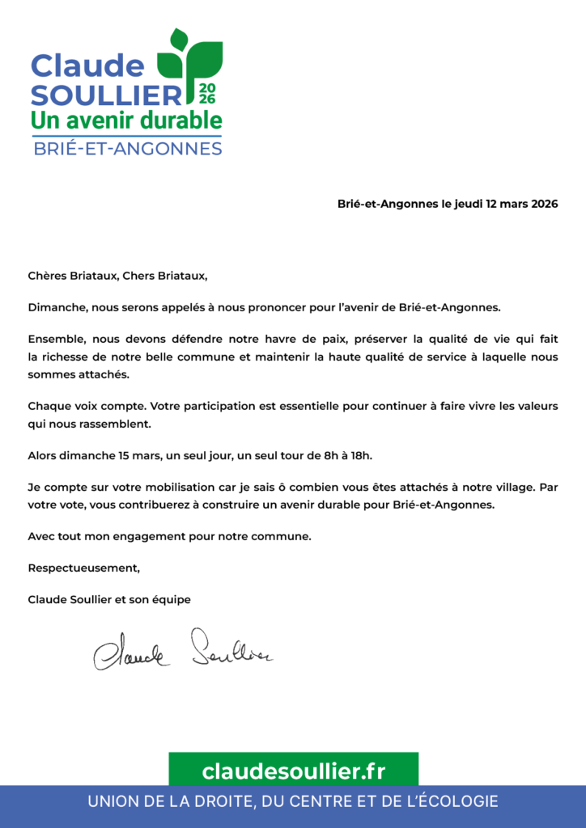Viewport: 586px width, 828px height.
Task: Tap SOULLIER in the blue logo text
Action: (x=106, y=95)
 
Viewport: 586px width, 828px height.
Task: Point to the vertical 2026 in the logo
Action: (x=206, y=93)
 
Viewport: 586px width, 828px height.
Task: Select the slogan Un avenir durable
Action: (x=125, y=120)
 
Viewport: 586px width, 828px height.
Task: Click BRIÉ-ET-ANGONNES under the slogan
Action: (x=127, y=149)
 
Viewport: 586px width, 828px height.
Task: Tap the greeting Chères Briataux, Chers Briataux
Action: (x=117, y=276)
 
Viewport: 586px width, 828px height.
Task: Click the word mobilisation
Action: (x=186, y=488)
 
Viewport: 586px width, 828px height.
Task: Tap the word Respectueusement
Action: (x=83, y=568)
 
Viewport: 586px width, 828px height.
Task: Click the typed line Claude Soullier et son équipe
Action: (x=109, y=599)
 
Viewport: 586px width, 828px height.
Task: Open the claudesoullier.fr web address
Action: (x=293, y=771)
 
